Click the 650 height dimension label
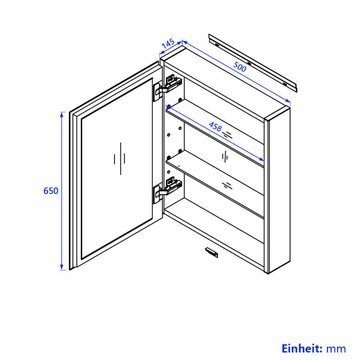coord(51,191)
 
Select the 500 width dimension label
coord(240,66)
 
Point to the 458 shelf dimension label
coord(215,126)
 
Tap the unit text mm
coord(336,349)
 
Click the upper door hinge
coord(168,87)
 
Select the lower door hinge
coord(168,190)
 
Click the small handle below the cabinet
coord(211,252)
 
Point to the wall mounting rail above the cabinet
coord(253,63)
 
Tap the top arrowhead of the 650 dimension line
coord(62,114)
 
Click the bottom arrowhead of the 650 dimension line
coord(62,267)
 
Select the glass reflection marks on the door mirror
coord(119,158)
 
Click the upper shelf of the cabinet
coord(215,133)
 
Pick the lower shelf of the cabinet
coord(215,184)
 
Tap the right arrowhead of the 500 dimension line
coord(288,101)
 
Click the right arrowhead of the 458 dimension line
coord(261,159)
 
